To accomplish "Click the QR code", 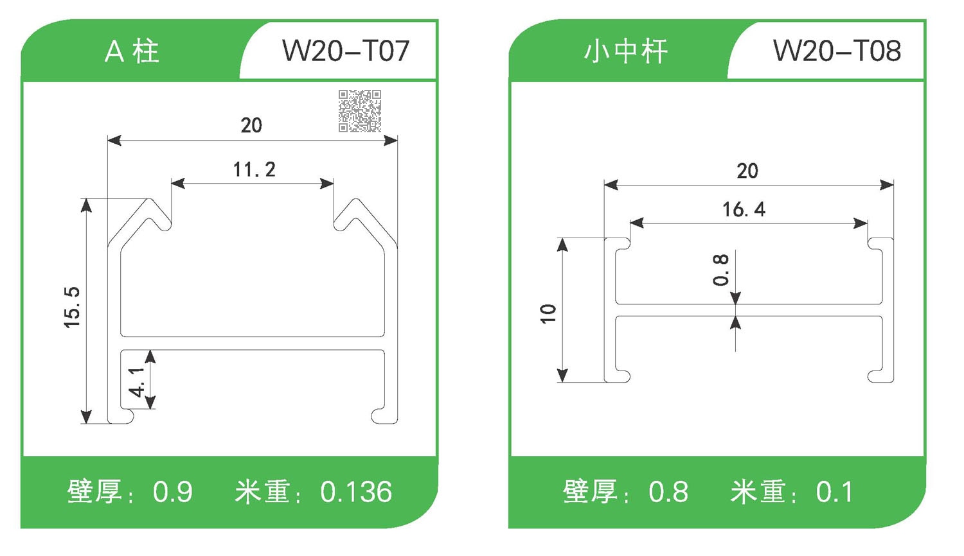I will [x=360, y=111].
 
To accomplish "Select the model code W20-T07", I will [x=346, y=51].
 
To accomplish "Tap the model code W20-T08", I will [x=837, y=51].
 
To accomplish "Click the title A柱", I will [x=132, y=51].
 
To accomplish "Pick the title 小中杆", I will [x=625, y=51].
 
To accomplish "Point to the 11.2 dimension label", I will [x=254, y=169].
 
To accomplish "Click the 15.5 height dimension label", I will [x=72, y=308].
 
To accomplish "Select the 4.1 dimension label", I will [x=137, y=382].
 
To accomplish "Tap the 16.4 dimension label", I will [x=744, y=209].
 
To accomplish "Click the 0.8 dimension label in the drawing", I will [x=721, y=270].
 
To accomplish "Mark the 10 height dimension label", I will [x=548, y=313].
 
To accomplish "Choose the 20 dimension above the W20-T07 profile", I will [x=251, y=125].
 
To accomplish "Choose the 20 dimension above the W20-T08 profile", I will [x=747, y=171].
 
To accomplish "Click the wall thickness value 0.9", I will [x=172, y=492].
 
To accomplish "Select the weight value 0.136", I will [x=356, y=492].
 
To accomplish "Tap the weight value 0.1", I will [x=834, y=492].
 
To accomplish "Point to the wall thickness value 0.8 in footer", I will [x=668, y=492].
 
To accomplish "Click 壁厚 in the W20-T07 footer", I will [x=94, y=492].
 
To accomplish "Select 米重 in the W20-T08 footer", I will [x=758, y=492].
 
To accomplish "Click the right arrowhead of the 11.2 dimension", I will [x=327, y=184].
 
